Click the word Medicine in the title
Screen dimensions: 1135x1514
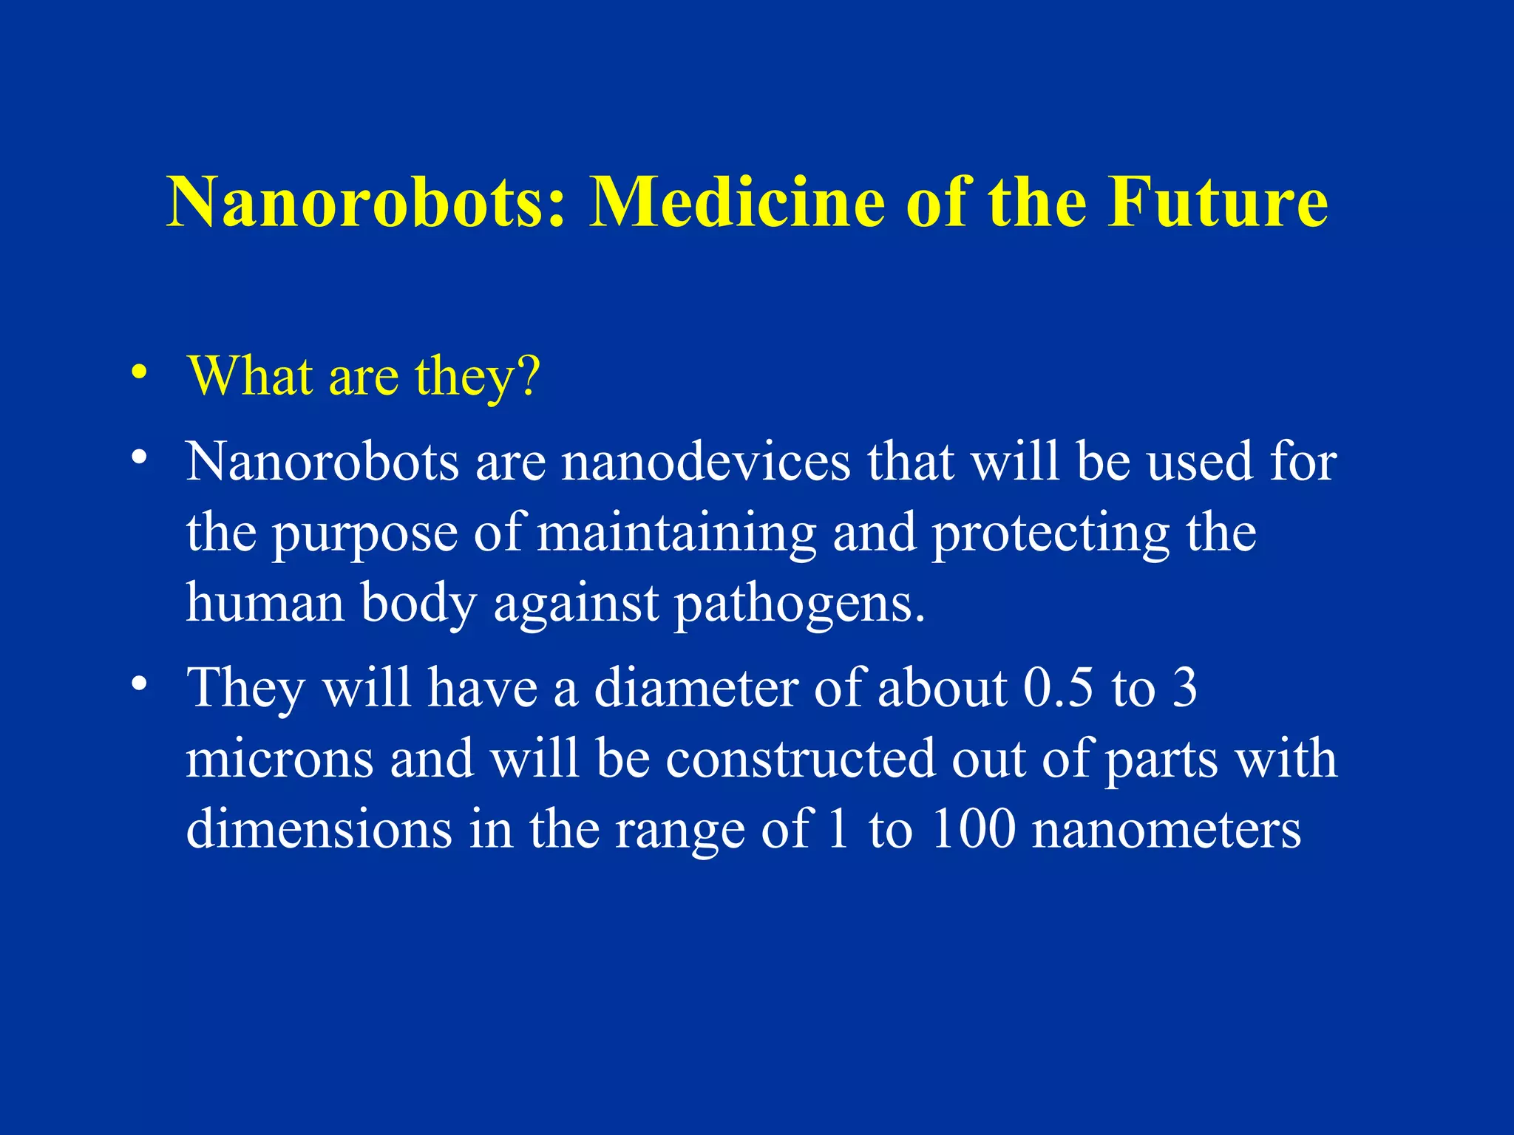point(737,202)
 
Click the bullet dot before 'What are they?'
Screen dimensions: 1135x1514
point(138,373)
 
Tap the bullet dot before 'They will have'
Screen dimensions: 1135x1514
point(138,684)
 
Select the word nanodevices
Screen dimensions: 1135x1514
point(706,462)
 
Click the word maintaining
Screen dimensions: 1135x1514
point(676,534)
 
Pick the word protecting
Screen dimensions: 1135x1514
point(1050,534)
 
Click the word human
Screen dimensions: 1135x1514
point(265,602)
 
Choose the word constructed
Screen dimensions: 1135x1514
point(800,759)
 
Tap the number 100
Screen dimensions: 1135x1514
point(973,829)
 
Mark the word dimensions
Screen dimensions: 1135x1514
point(319,829)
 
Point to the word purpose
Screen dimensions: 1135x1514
point(365,534)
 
